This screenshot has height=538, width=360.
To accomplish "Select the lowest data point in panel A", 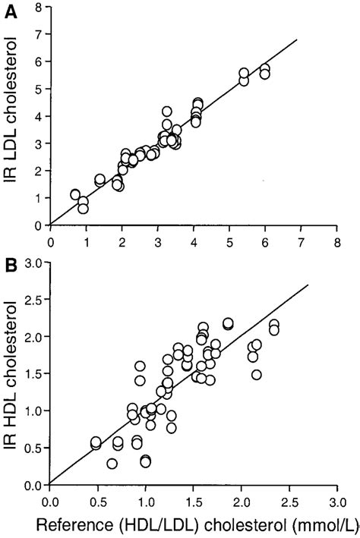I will click(x=84, y=209).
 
